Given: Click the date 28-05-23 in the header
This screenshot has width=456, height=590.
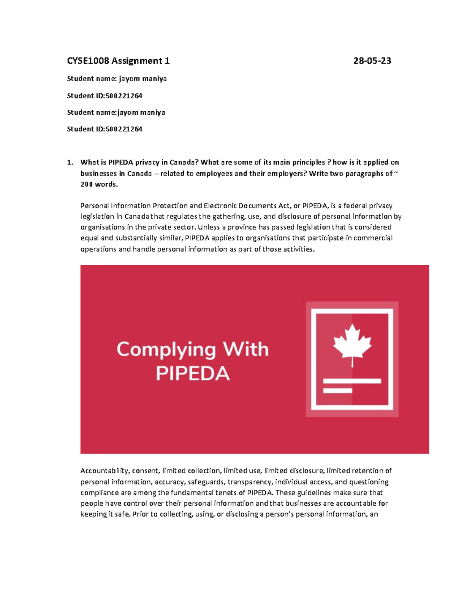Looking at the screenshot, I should coord(372,61).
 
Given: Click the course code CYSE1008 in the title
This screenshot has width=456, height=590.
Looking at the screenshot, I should coord(88,61).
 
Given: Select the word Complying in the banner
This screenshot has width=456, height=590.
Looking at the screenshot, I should coord(166,350).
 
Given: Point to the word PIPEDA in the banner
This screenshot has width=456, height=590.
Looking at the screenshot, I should coord(193,373).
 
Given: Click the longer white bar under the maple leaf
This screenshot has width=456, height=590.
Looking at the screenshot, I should coord(352,381).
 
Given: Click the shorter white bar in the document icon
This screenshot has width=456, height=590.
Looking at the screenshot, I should coord(337,390).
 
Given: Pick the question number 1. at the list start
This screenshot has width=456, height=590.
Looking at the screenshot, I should coord(70,163).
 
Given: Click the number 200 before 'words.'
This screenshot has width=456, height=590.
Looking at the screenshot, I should coord(86,185).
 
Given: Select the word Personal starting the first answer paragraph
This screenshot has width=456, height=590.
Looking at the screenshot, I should coord(94,206).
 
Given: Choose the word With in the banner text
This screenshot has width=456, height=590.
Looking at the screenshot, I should coord(246,350).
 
